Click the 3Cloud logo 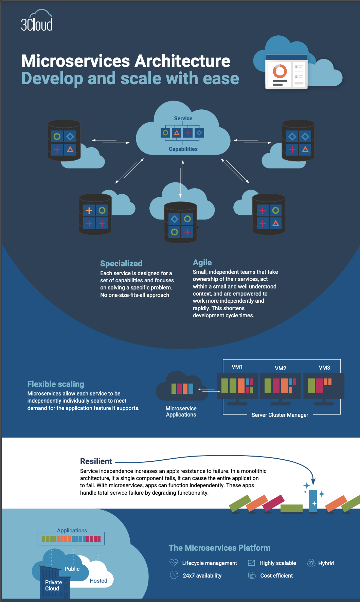click(x=37, y=21)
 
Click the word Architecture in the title click(x=182, y=61)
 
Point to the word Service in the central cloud click(x=183, y=118)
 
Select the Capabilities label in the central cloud click(x=183, y=149)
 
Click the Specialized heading click(x=121, y=263)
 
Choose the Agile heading click(x=202, y=262)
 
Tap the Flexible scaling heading click(x=56, y=384)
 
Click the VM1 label click(x=237, y=367)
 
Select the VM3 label click(x=324, y=368)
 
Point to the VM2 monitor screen click(x=281, y=386)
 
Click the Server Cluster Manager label click(x=280, y=415)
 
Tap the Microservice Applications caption click(x=181, y=411)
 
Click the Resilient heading click(x=96, y=461)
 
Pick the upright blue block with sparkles click(x=313, y=501)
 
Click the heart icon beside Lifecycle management click(x=174, y=563)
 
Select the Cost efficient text click(x=276, y=576)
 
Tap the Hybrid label click(x=326, y=563)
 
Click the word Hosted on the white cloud click(x=98, y=581)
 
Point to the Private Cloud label click(x=53, y=585)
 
